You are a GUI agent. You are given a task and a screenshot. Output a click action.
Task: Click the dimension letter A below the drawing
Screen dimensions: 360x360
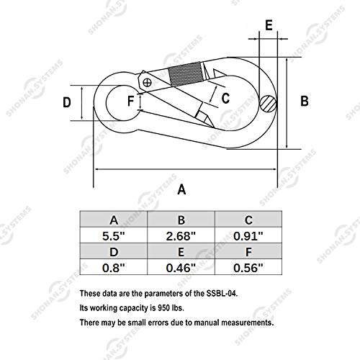click(181, 189)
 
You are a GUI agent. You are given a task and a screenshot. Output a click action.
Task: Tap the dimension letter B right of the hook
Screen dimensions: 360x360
click(305, 101)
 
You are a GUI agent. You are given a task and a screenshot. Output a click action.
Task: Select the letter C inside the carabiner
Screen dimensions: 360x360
click(225, 98)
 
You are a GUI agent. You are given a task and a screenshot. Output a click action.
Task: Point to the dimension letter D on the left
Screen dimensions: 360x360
click(67, 102)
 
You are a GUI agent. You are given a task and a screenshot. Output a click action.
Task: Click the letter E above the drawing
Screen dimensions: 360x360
click(269, 25)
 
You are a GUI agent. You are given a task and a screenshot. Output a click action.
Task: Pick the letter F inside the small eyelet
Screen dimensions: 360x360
click(130, 101)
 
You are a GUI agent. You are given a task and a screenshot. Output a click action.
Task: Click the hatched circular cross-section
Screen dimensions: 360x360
click(268, 104)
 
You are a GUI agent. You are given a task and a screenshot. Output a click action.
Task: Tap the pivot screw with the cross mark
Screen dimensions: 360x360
click(147, 83)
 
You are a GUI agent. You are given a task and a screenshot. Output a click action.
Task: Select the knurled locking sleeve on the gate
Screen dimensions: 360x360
click(186, 74)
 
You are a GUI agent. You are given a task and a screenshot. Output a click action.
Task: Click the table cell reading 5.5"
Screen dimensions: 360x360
click(114, 235)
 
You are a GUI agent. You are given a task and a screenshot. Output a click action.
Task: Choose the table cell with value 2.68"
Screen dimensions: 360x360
click(181, 235)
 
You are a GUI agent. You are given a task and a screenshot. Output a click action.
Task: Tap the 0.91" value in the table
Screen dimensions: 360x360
click(248, 235)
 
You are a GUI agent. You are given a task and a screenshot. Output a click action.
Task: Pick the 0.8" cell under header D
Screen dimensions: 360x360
click(114, 267)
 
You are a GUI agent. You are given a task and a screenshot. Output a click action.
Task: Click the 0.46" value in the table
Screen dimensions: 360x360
click(181, 267)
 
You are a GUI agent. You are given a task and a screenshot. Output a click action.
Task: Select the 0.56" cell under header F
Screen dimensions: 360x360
click(248, 267)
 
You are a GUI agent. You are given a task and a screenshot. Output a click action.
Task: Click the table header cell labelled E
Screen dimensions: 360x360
click(181, 251)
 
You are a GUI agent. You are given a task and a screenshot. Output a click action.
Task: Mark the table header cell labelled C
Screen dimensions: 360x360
click(248, 220)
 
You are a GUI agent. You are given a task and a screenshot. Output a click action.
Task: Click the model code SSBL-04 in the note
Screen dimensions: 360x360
click(222, 294)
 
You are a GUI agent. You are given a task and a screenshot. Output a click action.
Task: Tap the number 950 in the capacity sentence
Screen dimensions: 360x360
click(163, 308)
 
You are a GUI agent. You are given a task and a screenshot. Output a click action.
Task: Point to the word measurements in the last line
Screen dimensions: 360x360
click(248, 323)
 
